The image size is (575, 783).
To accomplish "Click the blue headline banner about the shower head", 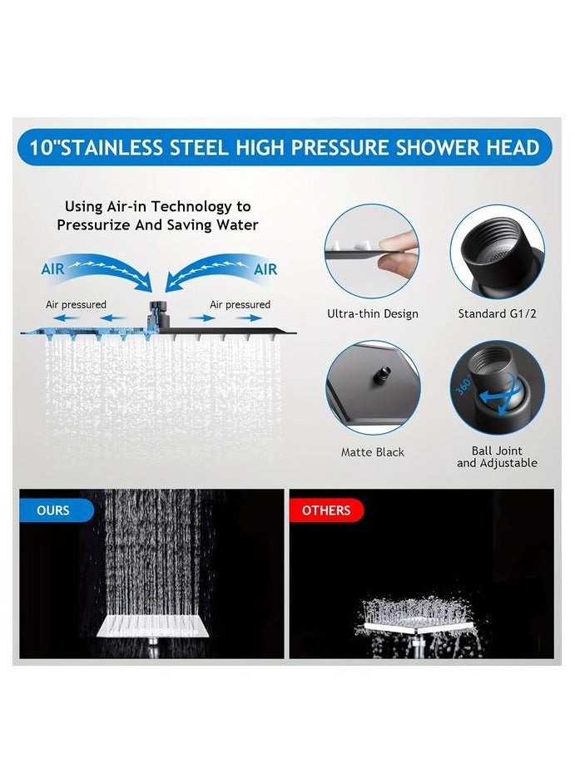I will pos(285,149).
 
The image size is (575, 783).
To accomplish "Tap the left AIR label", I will pos(54,269).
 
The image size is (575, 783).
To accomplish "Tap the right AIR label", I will pos(265,269).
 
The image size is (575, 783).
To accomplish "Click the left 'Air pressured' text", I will pos(76,305).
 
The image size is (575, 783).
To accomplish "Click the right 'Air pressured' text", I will pos(240,305).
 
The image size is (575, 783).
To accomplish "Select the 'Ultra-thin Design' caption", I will pos(372,314).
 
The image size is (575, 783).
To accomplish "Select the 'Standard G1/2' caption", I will pos(498,314).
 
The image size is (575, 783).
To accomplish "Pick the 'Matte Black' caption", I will pos(373,452).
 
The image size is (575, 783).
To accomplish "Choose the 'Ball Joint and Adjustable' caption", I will pos(497,457).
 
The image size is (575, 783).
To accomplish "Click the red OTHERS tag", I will pos(325,510).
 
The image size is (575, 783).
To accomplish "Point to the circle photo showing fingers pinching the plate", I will pos(372,252).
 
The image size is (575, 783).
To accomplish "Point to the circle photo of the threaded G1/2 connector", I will pos(498,252).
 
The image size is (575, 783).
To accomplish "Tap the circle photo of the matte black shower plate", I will pos(373,388).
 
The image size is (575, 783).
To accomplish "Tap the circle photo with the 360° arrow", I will pos(498,388).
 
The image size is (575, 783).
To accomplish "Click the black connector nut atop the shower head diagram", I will pos(156,318).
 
